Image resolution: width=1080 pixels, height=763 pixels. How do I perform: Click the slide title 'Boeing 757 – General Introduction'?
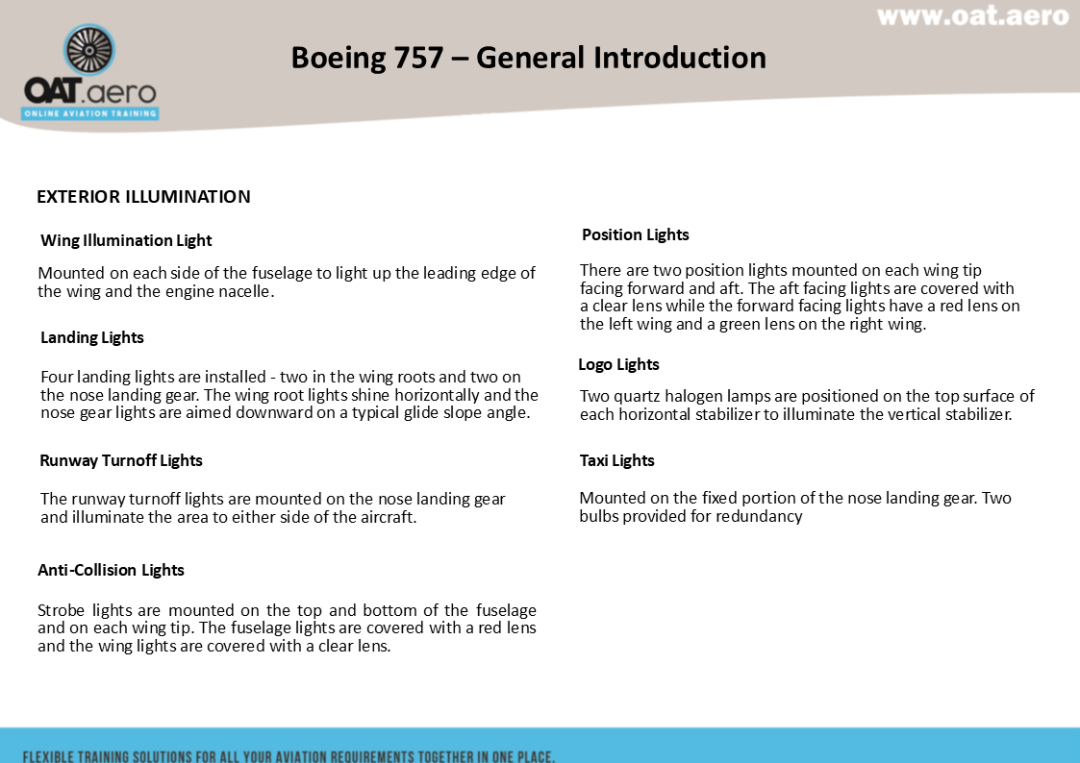pos(528,58)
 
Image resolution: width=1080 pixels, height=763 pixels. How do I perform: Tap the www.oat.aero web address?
pos(972,16)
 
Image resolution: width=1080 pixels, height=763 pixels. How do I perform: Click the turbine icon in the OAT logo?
pos(88,50)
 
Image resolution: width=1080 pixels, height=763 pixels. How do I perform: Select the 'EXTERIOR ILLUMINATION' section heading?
pos(143,197)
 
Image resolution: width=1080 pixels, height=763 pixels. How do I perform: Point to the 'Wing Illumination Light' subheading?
pos(126,240)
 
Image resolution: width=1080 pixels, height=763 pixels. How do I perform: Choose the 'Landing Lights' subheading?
pos(92,337)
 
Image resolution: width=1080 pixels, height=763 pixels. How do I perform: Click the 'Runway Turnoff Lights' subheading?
pos(121,460)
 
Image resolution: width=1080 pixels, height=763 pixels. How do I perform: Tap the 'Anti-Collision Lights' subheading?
pos(111,570)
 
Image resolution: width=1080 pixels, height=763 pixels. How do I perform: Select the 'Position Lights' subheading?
pos(636,234)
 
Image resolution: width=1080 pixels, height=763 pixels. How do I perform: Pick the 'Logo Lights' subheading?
pos(618,364)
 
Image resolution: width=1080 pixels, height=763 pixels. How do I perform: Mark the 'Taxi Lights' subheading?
pos(616,460)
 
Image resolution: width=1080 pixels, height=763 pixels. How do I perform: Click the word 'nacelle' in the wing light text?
pos(243,291)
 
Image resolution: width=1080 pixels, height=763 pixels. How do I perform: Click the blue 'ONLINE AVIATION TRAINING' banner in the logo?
pos(90,113)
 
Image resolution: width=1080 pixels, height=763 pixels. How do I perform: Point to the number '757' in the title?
pos(418,58)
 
